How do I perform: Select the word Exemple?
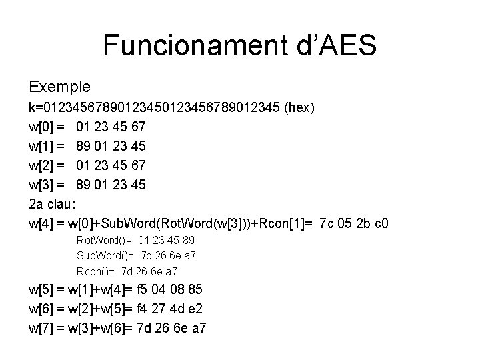point(60,87)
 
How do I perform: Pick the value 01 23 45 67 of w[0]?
point(111,126)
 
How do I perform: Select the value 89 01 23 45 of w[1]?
point(111,145)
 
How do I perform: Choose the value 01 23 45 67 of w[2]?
point(111,164)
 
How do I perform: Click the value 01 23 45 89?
point(167,240)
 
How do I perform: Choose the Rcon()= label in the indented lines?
point(97,271)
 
